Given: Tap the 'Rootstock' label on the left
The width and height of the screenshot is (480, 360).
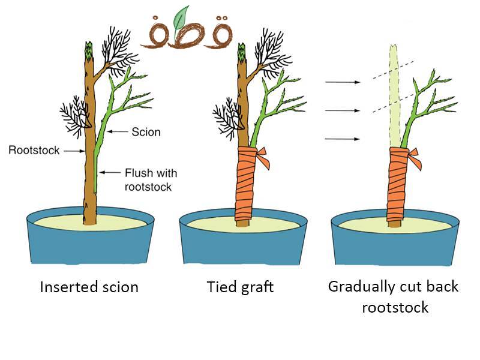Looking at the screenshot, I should coord(34,150).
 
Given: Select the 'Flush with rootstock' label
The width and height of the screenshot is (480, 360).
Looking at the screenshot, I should coord(151,179).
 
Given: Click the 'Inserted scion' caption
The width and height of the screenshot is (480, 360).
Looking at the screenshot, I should coord(89,287).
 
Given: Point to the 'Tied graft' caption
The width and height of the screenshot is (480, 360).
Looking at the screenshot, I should coord(240,287).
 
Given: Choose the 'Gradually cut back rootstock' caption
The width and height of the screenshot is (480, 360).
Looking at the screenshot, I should coord(393,296).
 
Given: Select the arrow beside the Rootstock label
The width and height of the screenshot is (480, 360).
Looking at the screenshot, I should coord(73,151).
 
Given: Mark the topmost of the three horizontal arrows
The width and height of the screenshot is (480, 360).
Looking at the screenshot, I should coord(341,82).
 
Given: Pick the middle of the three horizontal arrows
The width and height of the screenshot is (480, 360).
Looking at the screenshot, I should coord(341,110).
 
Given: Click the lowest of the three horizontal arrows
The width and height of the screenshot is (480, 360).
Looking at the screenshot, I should coord(341,139).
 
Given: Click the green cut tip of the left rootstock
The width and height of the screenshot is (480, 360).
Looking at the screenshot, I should coord(90,49).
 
